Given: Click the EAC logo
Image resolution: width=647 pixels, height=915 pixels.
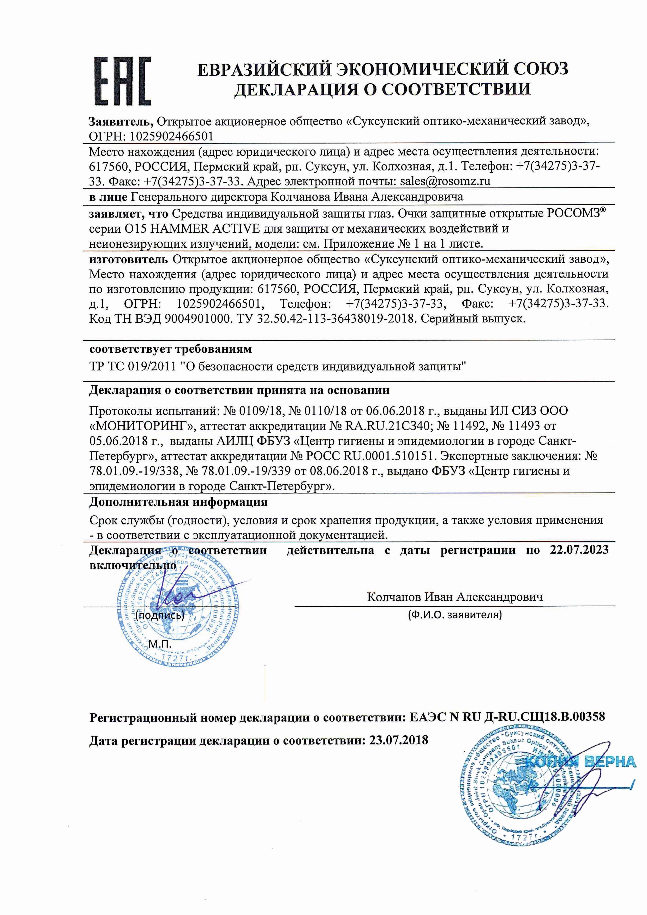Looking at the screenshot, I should coord(123,81).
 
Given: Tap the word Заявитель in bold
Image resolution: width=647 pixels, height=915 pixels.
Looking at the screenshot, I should coord(120,121).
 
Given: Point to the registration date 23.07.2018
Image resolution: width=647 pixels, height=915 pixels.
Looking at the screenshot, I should coord(398,740).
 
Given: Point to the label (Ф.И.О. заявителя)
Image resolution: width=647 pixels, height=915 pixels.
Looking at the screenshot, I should coord(454,615).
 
